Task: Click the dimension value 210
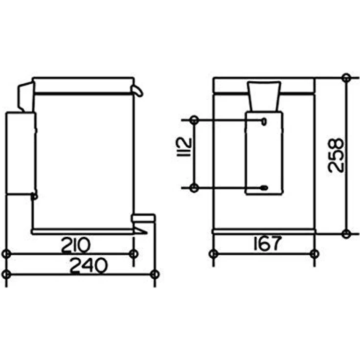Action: click(x=76, y=245)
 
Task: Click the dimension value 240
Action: click(x=89, y=266)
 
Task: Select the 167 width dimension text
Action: click(x=268, y=244)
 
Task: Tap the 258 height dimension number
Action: click(x=336, y=155)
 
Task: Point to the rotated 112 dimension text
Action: click(x=184, y=147)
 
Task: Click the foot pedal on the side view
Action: click(x=143, y=218)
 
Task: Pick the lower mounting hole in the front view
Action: click(x=264, y=188)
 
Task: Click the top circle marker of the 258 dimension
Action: click(x=346, y=78)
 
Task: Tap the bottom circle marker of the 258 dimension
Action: click(x=346, y=234)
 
